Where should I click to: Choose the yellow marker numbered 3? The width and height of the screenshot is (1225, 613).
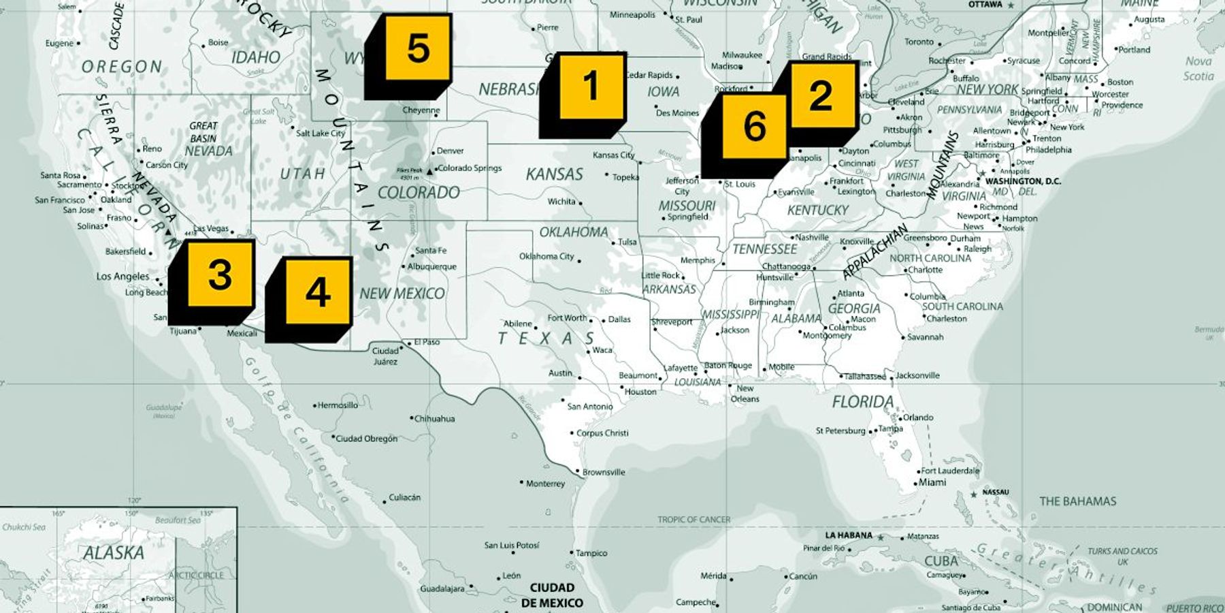(220, 274)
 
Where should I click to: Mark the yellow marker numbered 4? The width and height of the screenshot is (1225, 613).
(318, 292)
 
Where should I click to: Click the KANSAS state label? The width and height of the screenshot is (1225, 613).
(554, 174)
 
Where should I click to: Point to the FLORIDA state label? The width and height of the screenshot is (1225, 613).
(862, 402)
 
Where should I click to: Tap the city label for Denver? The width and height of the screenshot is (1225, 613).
(450, 151)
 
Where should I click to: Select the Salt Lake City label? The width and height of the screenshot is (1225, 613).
(320, 133)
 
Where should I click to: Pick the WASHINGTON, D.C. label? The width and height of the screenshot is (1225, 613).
(1023, 181)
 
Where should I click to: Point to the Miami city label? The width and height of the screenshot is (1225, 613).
(932, 482)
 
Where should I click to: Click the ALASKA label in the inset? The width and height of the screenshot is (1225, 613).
(114, 553)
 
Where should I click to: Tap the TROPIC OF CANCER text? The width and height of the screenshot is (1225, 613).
(693, 519)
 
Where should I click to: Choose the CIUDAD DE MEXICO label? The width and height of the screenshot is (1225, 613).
(552, 595)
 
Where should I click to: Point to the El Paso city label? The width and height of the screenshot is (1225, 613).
(427, 342)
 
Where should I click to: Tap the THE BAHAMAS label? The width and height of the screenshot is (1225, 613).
(1077, 501)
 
